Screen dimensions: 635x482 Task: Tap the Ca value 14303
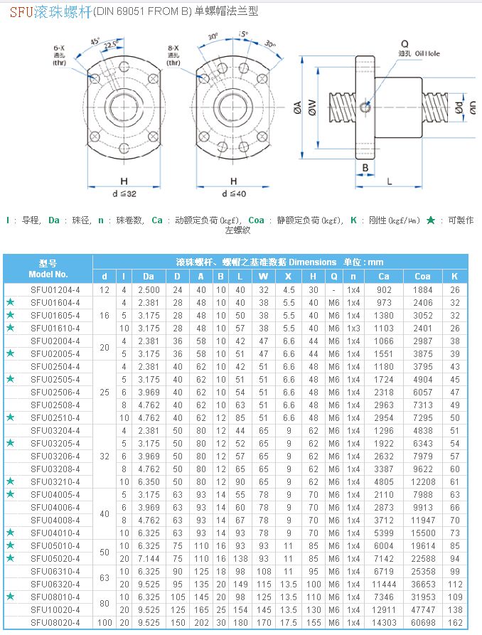[x=384, y=623]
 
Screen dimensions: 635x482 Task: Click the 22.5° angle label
[x=111, y=45]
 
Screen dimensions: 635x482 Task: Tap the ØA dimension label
[x=297, y=107]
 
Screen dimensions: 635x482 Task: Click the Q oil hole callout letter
[x=405, y=43]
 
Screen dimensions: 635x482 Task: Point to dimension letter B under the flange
[x=365, y=168]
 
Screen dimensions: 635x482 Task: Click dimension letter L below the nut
[x=390, y=181]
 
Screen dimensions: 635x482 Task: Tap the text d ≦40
[x=233, y=193]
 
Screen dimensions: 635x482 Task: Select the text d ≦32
[x=124, y=193]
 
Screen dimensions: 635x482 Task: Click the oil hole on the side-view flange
[x=365, y=107]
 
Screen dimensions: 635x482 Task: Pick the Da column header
[x=148, y=276]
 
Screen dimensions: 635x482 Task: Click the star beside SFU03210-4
[x=10, y=482]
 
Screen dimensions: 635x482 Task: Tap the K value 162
[x=455, y=623]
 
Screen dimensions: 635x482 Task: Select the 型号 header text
[x=48, y=262]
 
